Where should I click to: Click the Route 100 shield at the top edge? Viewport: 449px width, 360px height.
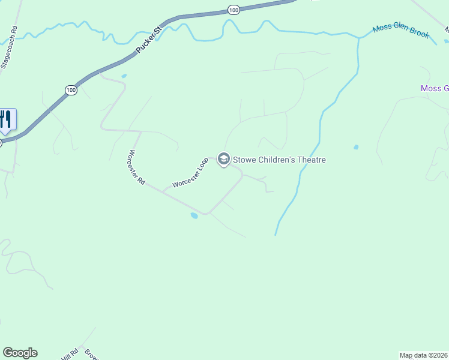coord(234,10)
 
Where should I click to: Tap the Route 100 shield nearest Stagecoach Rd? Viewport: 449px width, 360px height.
coord(71,90)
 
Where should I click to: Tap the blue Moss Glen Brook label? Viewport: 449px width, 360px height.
coord(401,31)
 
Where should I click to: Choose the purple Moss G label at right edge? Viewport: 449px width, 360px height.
coord(435,89)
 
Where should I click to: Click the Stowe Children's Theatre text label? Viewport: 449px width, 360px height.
coord(279,160)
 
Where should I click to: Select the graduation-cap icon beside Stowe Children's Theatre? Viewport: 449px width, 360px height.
coord(224,160)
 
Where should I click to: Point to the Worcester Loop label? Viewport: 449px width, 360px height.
coord(190,173)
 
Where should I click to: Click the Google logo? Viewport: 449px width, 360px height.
coord(20,353)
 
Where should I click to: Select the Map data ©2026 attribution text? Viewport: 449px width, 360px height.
coord(424,355)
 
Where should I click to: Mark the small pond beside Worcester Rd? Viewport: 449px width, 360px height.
coord(194,215)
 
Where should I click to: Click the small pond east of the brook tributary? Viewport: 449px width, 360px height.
coord(357,147)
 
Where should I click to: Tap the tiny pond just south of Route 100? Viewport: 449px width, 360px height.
coord(124,76)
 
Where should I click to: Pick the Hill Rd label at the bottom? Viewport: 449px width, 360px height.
coord(70,354)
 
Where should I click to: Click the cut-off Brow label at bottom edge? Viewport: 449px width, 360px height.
coord(90,354)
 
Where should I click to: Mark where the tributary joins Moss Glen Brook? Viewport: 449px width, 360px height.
coord(359,38)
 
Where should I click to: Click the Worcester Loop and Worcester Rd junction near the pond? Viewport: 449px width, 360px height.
coord(207,213)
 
